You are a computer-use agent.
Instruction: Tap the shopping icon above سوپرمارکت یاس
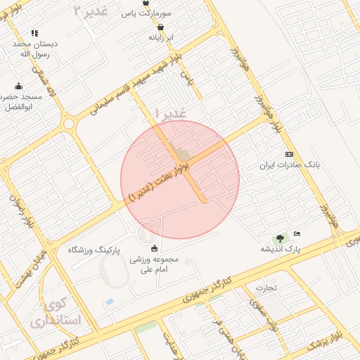(x=165, y=3)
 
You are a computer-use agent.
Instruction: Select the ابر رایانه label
(x=161, y=38)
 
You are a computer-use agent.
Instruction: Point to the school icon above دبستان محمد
(x=34, y=33)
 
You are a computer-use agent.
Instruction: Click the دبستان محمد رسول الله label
(x=34, y=49)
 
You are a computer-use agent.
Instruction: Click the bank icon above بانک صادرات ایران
(x=289, y=154)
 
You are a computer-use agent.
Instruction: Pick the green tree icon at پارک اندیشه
(x=279, y=239)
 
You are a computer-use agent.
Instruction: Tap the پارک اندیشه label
(x=281, y=250)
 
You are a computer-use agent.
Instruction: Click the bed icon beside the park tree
(x=297, y=233)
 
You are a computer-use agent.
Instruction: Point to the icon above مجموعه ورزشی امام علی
(x=155, y=247)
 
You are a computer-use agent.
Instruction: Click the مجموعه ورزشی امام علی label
(x=155, y=264)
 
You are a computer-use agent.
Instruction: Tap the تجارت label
(x=266, y=288)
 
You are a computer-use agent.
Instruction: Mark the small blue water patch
(x=109, y=302)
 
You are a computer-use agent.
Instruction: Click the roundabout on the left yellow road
(x=69, y=124)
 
